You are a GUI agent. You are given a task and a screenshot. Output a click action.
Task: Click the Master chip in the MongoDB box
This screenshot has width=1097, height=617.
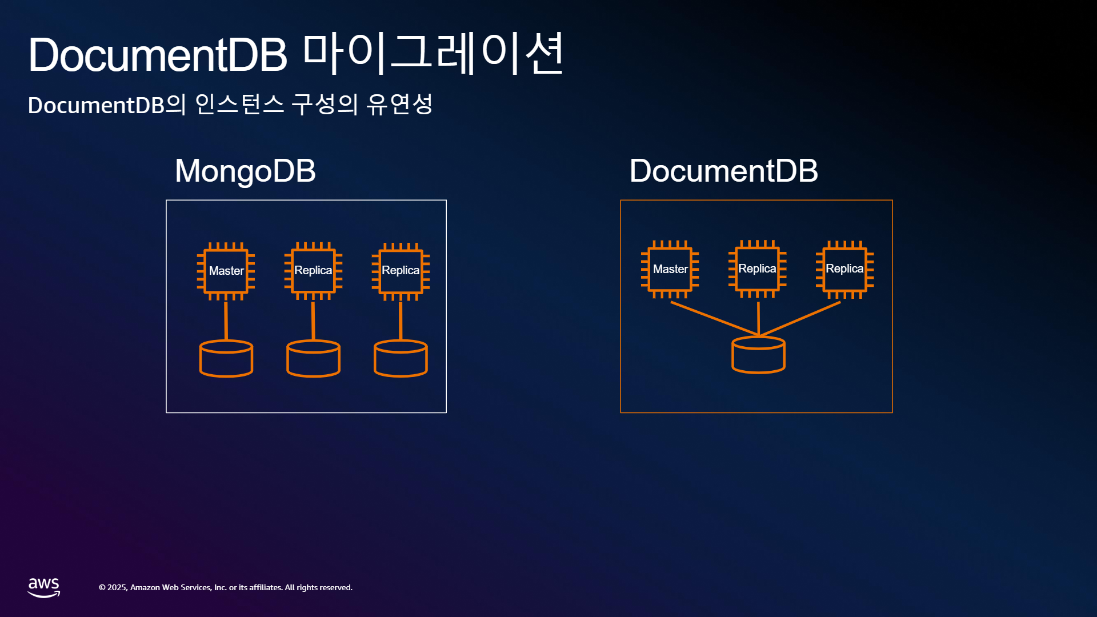pos(226,271)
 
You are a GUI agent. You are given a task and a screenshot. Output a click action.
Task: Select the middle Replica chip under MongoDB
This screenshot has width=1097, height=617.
pos(313,271)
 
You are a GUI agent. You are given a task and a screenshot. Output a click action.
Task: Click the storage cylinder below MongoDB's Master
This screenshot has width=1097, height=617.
pos(226,359)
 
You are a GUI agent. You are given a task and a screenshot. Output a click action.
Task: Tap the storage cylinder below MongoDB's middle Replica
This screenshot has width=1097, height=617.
pos(314,359)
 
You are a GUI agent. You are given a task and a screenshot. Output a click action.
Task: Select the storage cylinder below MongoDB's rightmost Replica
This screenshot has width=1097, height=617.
pos(401,359)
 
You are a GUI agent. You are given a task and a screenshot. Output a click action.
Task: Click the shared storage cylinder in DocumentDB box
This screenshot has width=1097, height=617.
pos(759,355)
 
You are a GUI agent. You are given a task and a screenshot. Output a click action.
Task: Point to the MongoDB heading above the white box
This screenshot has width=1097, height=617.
pos(245,171)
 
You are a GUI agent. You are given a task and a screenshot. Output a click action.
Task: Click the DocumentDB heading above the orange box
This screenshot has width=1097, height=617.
pos(723,171)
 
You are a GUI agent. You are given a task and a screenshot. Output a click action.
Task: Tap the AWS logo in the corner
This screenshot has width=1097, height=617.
pos(44,587)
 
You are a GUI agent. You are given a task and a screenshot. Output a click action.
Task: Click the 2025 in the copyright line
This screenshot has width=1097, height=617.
pos(117,587)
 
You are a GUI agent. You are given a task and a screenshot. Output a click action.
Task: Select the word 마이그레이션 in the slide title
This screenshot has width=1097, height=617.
pos(433,54)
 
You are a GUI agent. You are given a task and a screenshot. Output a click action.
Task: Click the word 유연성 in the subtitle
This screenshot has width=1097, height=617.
pos(399,105)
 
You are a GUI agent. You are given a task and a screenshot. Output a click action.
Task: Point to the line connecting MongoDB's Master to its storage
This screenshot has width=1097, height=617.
pos(226,320)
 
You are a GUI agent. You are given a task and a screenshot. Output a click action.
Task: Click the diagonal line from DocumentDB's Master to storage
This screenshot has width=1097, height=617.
pos(715,319)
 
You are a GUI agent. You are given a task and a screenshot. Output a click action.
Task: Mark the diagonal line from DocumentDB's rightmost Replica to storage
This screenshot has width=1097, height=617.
pos(800,319)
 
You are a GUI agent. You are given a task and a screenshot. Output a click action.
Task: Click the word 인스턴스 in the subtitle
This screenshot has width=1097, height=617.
pos(239,105)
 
